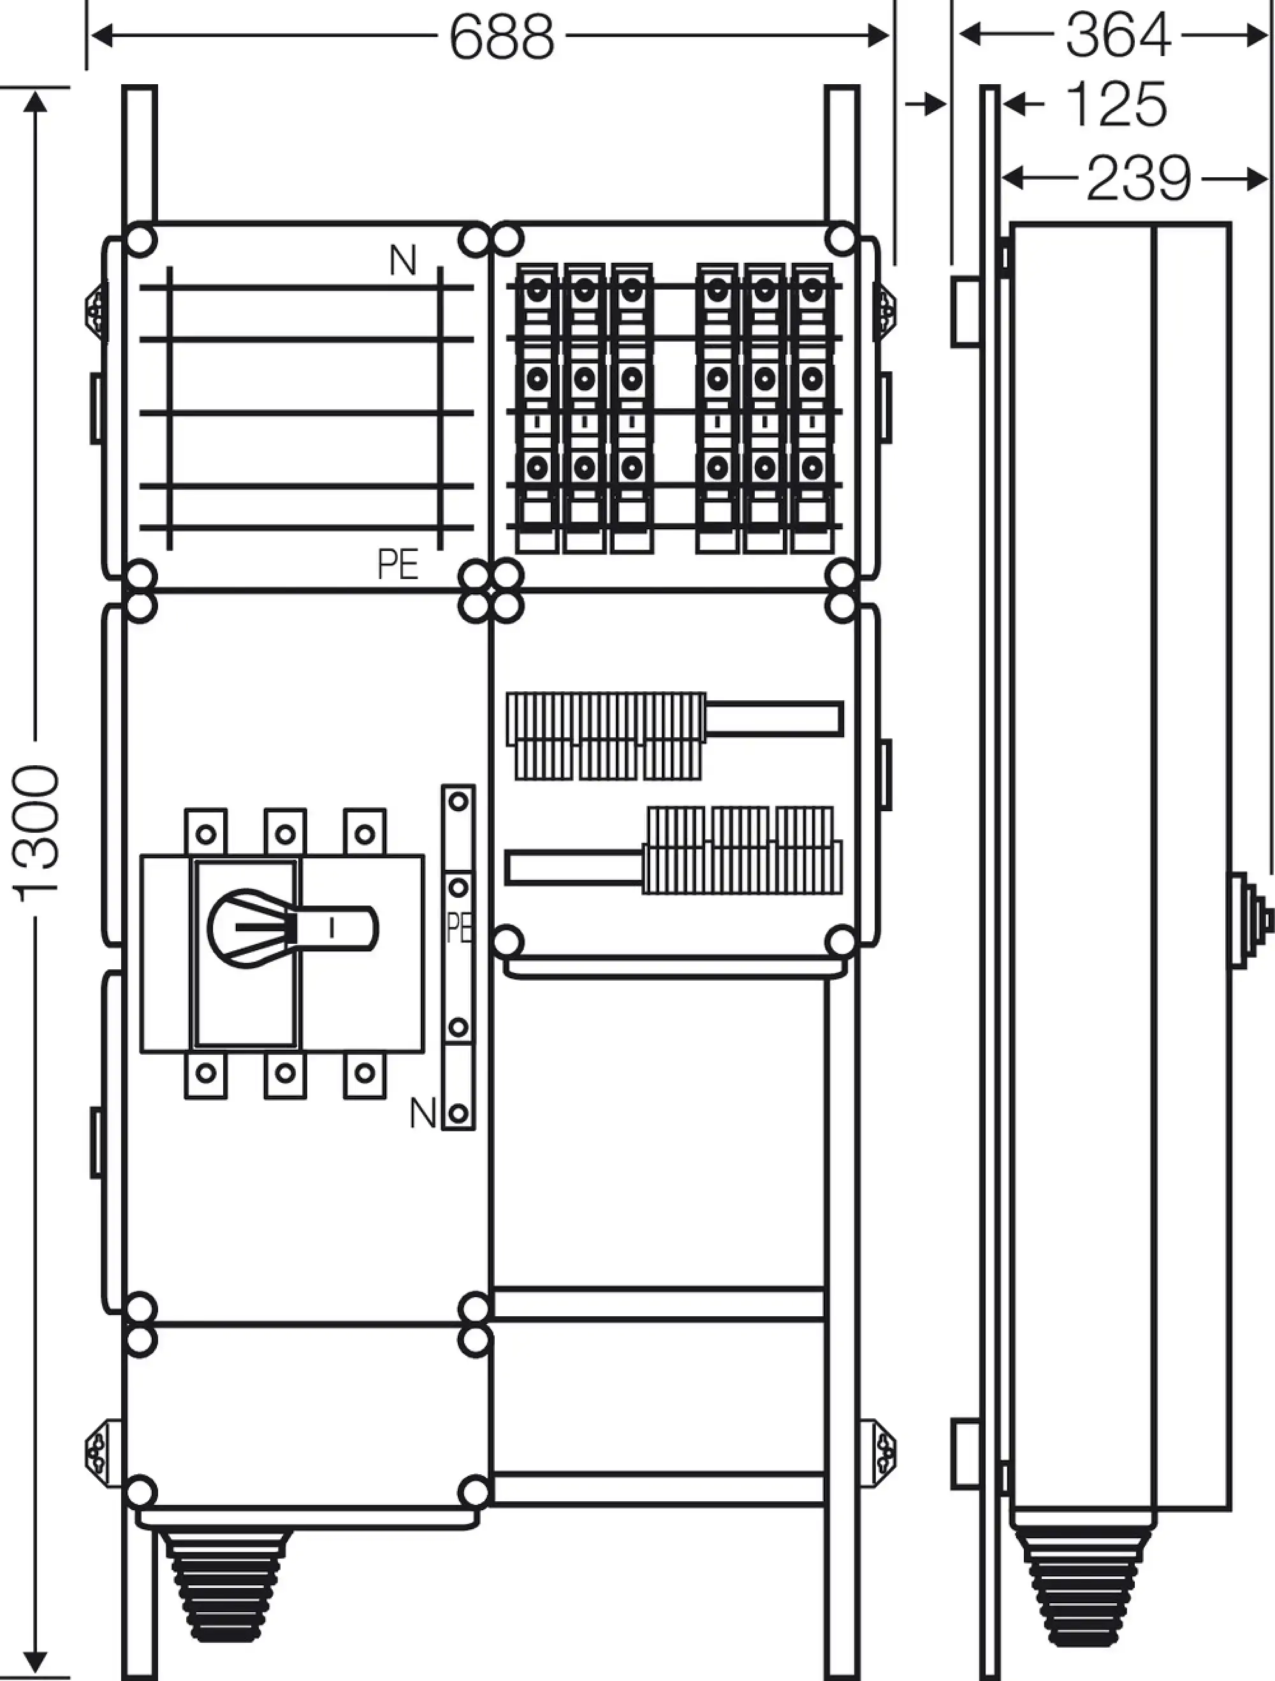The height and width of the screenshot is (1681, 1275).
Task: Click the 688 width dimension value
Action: pyautogui.click(x=502, y=36)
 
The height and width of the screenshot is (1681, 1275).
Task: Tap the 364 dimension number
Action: pyautogui.click(x=1117, y=35)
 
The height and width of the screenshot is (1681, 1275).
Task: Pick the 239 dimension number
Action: pyautogui.click(x=1137, y=179)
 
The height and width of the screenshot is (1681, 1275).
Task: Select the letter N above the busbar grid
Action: pyautogui.click(x=403, y=261)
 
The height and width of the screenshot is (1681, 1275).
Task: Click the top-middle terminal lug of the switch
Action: pyautogui.click(x=285, y=833)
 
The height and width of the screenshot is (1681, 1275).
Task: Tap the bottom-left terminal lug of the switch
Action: pyautogui.click(x=206, y=1073)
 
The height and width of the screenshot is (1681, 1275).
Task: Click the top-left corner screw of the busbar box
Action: pyautogui.click(x=141, y=241)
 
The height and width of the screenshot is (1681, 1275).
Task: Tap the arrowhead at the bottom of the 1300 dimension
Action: pyautogui.click(x=36, y=1661)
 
